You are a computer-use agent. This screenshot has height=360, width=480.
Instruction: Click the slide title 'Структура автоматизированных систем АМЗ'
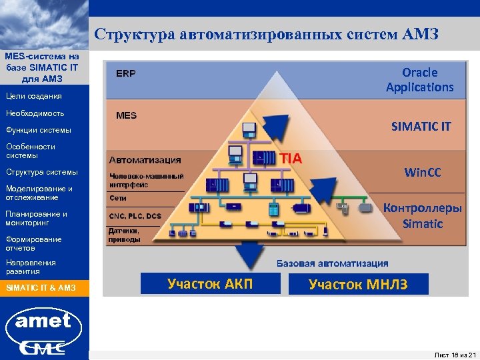pos(266,34)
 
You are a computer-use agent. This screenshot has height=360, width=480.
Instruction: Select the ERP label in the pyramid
pos(126,73)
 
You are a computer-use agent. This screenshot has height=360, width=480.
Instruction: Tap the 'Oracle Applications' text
pos(419,79)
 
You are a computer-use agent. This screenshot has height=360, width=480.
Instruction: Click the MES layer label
pos(126,115)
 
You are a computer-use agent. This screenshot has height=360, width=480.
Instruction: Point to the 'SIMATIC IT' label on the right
pos(421,126)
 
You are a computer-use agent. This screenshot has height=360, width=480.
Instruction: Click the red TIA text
pos(291,159)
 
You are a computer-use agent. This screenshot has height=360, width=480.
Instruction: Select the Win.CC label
pos(423,173)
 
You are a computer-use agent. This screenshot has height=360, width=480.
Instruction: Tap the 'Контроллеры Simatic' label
pos(422,215)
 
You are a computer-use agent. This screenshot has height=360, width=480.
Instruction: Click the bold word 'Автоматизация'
pos(145,160)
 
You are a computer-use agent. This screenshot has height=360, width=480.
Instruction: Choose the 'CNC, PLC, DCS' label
pos(135,215)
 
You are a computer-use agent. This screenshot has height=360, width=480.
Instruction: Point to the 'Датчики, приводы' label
pos(125,235)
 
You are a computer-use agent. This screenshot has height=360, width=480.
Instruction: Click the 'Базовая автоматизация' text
pos(332,263)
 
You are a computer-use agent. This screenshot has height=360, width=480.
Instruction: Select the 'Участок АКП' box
pos(210,285)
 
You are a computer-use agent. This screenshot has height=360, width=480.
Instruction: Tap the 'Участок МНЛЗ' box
pos(358,285)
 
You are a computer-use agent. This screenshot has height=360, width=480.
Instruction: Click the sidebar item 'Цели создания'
pos(33,96)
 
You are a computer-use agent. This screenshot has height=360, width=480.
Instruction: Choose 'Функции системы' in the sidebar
pos(38,129)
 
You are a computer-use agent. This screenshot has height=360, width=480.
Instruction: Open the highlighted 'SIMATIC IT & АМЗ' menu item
pos(41,288)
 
